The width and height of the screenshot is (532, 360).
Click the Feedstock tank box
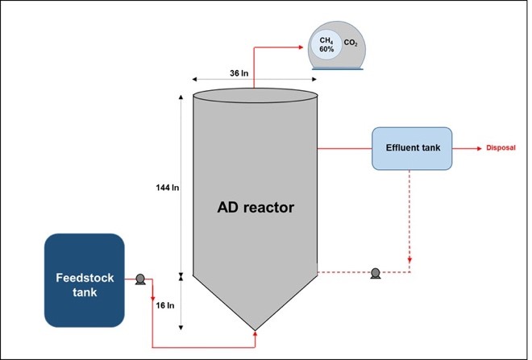[x=84, y=280]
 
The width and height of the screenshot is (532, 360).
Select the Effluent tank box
[x=411, y=148]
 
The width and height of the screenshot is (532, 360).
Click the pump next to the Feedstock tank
[x=139, y=279]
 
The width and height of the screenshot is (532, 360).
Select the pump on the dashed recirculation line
[x=375, y=273]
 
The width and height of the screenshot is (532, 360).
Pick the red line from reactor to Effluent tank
[x=344, y=148]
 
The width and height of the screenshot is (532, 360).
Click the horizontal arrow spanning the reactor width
[x=253, y=80]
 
